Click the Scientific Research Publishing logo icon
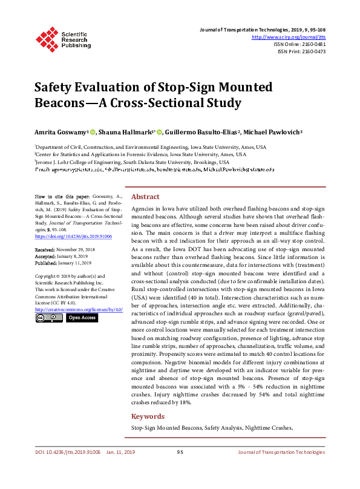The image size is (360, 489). click(46, 38)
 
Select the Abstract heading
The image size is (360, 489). click(145, 197)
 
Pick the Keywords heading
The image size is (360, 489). click(148, 416)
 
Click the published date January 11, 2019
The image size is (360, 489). click(75, 263)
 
